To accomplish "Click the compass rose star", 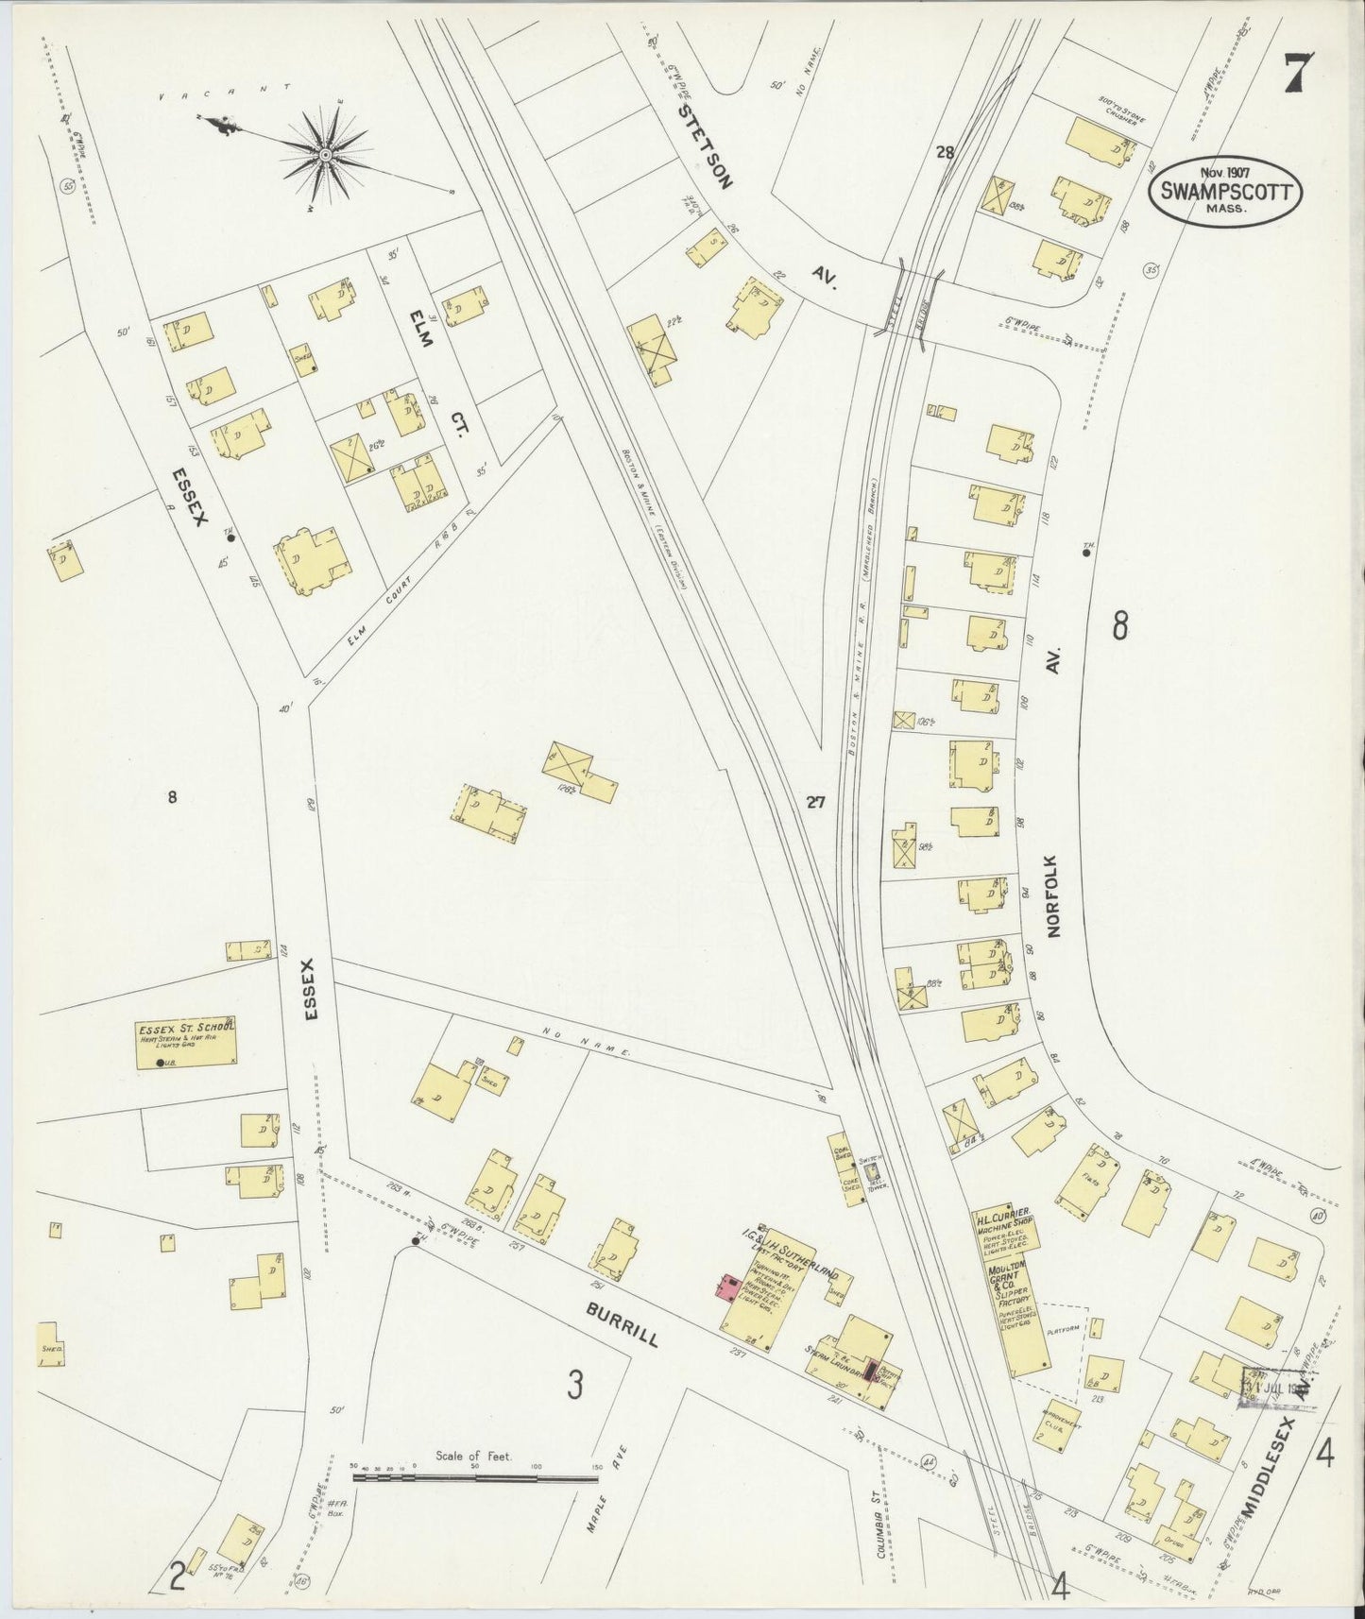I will click(x=324, y=154).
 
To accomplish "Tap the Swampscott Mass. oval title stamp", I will click(x=1225, y=192).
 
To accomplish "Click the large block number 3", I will click(x=574, y=1386).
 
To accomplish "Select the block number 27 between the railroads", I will click(x=816, y=803).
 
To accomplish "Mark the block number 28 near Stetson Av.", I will click(x=944, y=151).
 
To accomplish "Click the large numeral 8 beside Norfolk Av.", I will click(x=1119, y=625).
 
